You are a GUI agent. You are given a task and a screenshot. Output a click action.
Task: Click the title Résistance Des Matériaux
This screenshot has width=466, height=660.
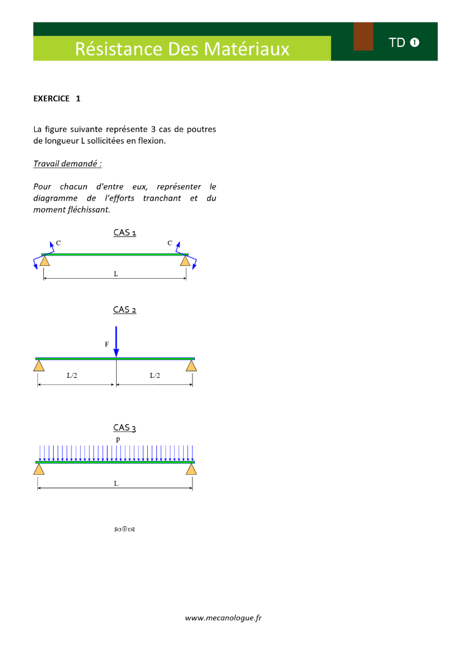pos(182,49)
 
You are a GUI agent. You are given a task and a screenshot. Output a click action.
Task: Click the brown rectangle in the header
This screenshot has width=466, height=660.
pos(363,37)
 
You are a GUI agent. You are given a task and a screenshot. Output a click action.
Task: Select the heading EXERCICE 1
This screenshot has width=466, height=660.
pos(57,98)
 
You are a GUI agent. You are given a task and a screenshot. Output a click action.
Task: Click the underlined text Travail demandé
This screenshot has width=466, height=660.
pos(67,164)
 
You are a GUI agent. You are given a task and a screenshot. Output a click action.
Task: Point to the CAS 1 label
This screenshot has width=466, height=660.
pos(125,232)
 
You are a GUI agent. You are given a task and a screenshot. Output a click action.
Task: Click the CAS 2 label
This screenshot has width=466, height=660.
pos(125,310)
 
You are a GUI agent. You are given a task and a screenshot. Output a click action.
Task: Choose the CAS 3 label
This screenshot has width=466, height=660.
pos(125,428)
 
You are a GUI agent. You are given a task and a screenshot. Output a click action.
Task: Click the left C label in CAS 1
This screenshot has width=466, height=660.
pos(59,243)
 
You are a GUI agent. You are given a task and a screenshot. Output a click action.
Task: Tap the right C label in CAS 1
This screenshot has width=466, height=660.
pos(170,243)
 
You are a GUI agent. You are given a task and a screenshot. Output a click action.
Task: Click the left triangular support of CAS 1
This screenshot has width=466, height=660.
pos(45,261)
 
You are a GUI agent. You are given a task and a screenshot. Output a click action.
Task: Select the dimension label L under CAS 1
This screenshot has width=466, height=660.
pos(115,274)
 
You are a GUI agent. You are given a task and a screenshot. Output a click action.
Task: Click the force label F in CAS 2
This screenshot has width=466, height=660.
pos(107,345)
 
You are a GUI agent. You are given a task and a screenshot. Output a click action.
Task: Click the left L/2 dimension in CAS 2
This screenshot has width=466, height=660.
pos(72,376)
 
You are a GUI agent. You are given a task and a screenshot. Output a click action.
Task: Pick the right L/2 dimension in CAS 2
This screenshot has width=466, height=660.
pos(155,376)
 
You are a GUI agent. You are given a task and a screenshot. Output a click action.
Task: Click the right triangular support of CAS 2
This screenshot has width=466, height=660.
pos(192,365)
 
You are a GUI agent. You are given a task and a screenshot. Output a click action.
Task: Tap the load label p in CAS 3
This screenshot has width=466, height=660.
pos(118,439)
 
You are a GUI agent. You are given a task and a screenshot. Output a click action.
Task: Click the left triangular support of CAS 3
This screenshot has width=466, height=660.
pos(38,469)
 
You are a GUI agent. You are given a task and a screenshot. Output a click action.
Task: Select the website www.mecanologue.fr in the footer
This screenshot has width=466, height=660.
pos(224,618)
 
